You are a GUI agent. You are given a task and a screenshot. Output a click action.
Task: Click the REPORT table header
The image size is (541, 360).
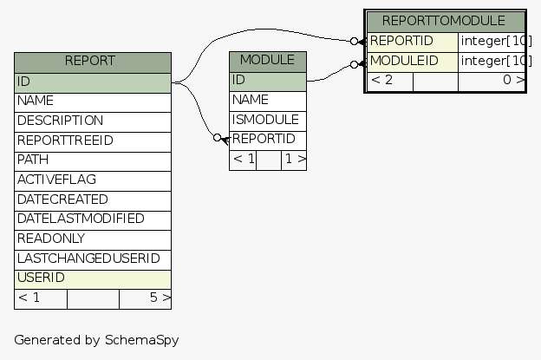click(92, 62)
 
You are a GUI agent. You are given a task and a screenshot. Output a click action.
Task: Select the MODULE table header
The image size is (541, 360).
click(267, 61)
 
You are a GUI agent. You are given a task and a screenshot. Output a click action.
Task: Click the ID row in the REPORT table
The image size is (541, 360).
click(92, 82)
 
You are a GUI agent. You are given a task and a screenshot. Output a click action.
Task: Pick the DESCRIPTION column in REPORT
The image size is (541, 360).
click(92, 121)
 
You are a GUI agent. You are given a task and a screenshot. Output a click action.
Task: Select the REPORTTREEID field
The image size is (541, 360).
click(92, 141)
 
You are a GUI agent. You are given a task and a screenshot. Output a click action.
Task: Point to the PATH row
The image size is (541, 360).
click(92, 160)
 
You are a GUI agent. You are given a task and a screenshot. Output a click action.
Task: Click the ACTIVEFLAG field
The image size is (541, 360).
click(92, 180)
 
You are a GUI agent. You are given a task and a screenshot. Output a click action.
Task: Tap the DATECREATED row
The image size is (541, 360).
click(92, 200)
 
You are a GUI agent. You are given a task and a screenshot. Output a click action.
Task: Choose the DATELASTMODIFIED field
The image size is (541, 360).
click(92, 219)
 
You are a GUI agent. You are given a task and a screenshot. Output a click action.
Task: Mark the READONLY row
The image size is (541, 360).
click(92, 239)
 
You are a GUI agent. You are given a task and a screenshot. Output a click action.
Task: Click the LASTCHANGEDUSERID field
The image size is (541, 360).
click(92, 259)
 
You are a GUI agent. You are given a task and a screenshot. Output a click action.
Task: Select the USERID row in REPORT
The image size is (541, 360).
click(92, 278)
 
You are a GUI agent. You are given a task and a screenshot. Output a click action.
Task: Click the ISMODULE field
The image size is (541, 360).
click(267, 120)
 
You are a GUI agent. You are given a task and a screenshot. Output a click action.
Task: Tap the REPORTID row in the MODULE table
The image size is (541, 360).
click(267, 140)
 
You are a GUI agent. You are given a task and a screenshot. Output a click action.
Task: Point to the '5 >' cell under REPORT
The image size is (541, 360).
click(145, 298)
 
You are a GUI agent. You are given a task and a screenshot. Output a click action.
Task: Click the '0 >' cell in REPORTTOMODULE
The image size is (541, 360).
click(491, 81)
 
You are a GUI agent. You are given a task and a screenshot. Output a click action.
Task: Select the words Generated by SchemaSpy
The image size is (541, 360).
click(96, 340)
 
